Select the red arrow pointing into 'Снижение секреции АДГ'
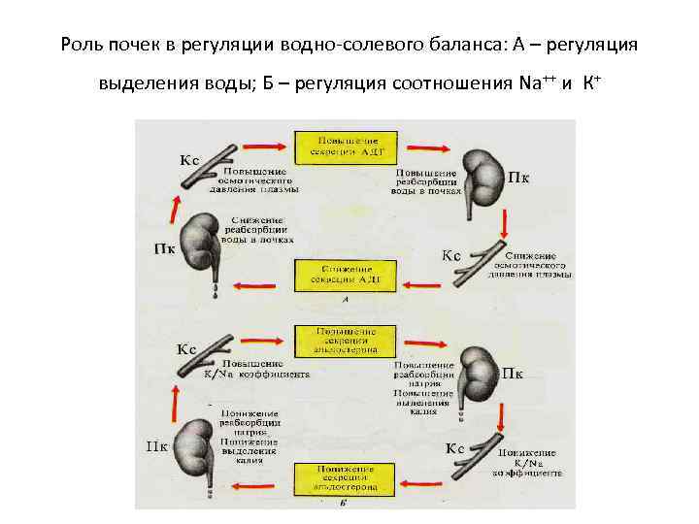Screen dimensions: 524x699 (424, 283)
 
